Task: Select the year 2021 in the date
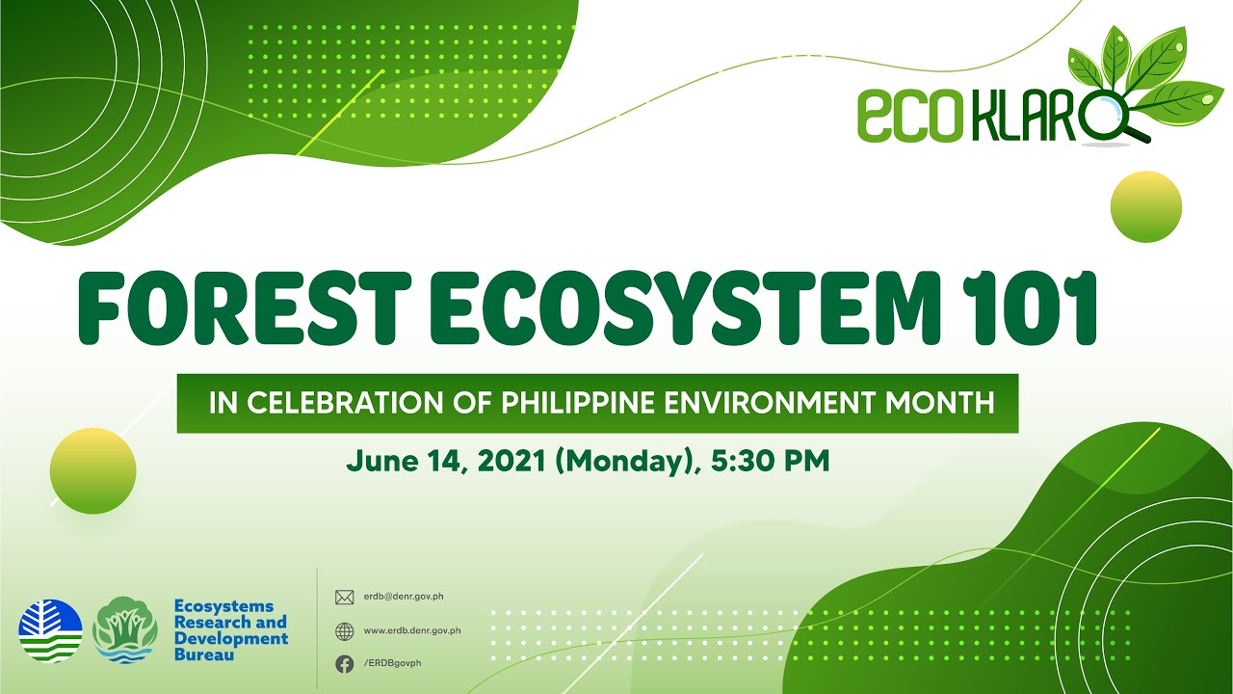(x=510, y=461)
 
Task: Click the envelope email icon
(x=344, y=597)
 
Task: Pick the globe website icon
(x=344, y=631)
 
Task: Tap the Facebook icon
(x=344, y=663)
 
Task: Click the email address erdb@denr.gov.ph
(x=404, y=597)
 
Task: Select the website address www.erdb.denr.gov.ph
(x=412, y=631)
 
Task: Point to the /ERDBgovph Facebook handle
(x=392, y=663)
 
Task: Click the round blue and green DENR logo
(x=50, y=631)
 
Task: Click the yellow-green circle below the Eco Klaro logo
(x=1145, y=206)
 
